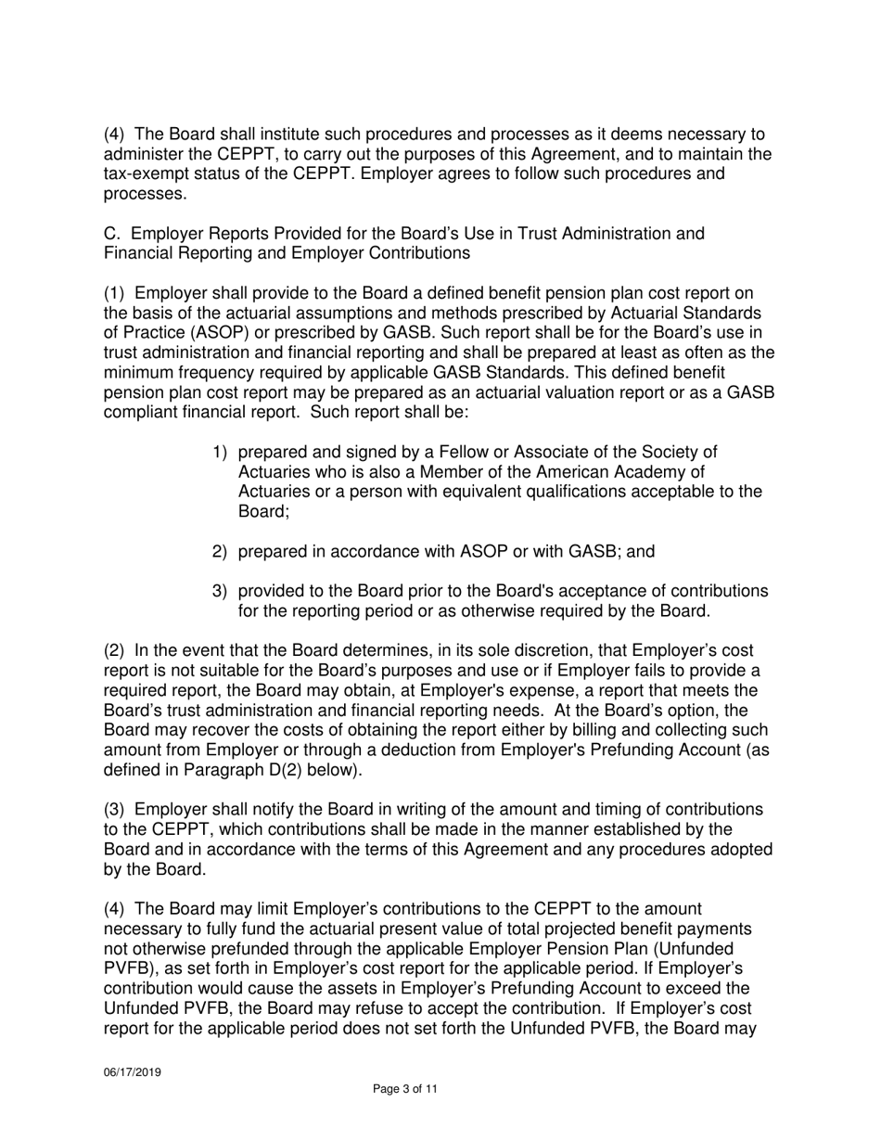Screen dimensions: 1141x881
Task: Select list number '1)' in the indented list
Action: [220, 452]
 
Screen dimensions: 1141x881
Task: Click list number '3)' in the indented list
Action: [220, 591]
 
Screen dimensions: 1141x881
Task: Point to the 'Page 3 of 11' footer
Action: [404, 1089]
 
